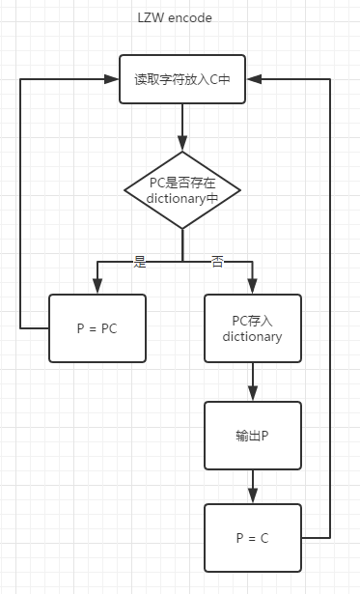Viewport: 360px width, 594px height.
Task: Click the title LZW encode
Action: [x=176, y=17]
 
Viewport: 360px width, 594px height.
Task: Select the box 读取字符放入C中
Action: [x=181, y=80]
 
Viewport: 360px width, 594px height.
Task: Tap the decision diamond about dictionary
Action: [x=182, y=190]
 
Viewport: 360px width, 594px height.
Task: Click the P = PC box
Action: [x=97, y=328]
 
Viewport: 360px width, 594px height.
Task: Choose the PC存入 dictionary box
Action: [x=252, y=328]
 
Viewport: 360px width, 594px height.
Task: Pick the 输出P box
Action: [x=252, y=435]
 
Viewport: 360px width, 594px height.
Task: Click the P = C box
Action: [x=252, y=537]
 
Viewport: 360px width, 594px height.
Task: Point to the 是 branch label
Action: [x=140, y=262]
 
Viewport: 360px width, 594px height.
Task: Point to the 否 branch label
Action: [x=217, y=262]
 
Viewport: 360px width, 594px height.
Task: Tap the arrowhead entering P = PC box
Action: [x=97, y=287]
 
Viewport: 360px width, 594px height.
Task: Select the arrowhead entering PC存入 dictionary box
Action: [x=252, y=287]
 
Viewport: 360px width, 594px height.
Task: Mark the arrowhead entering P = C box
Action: [x=252, y=495]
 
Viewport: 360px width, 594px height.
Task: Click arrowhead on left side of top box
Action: [x=113, y=80]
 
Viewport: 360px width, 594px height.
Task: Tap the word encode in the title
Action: [x=191, y=17]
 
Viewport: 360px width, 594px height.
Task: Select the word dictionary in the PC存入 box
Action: [x=252, y=337]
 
